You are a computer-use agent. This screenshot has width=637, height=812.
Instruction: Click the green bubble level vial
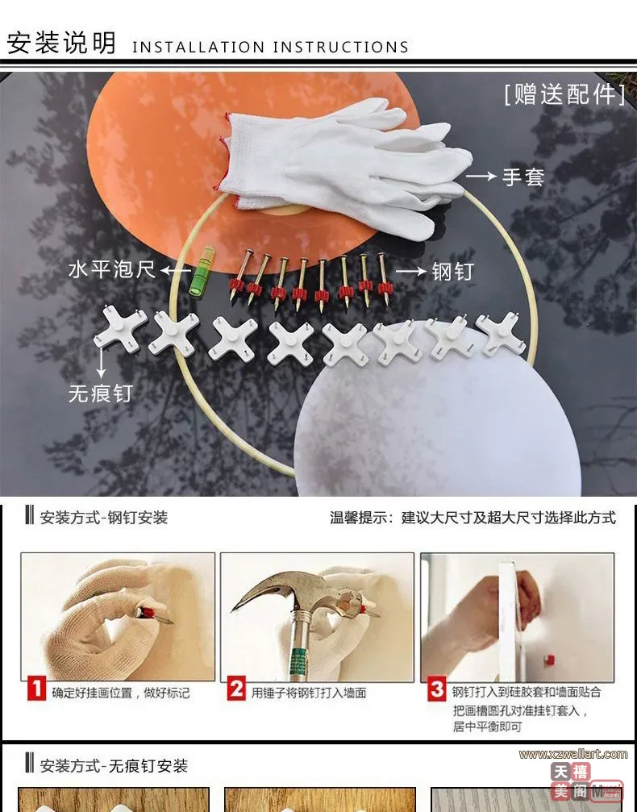pyautogui.click(x=202, y=272)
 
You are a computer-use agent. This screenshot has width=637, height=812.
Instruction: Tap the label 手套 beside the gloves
pyautogui.click(x=523, y=177)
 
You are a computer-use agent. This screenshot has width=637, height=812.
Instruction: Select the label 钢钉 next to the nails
pyautogui.click(x=452, y=272)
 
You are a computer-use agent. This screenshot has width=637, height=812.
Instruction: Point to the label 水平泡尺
pyautogui.click(x=112, y=269)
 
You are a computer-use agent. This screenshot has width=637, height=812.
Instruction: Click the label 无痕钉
pyautogui.click(x=101, y=394)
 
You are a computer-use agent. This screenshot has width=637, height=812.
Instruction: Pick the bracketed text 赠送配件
pyautogui.click(x=565, y=94)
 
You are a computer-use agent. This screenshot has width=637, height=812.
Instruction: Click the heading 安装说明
pyautogui.click(x=61, y=43)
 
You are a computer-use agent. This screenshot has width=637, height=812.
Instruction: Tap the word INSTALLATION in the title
pyautogui.click(x=198, y=47)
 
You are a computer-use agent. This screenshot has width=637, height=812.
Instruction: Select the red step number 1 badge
pyautogui.click(x=37, y=689)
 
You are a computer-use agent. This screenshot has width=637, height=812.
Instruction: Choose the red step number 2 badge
pyautogui.click(x=236, y=689)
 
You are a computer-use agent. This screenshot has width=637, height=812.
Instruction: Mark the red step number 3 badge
pyautogui.click(x=436, y=689)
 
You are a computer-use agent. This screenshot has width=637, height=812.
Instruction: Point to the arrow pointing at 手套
pyautogui.click(x=481, y=177)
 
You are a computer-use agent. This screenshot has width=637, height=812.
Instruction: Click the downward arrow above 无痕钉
pyautogui.click(x=101, y=363)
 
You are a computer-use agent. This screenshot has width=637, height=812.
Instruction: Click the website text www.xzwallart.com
pyautogui.click(x=573, y=754)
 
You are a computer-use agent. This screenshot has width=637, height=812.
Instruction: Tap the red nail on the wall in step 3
pyautogui.click(x=549, y=660)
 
